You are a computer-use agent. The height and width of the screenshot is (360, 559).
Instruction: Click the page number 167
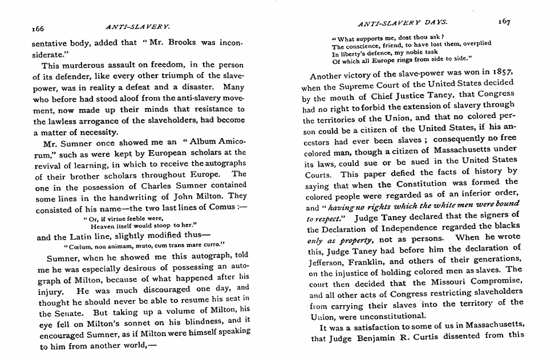pyautogui.click(x=503, y=21)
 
